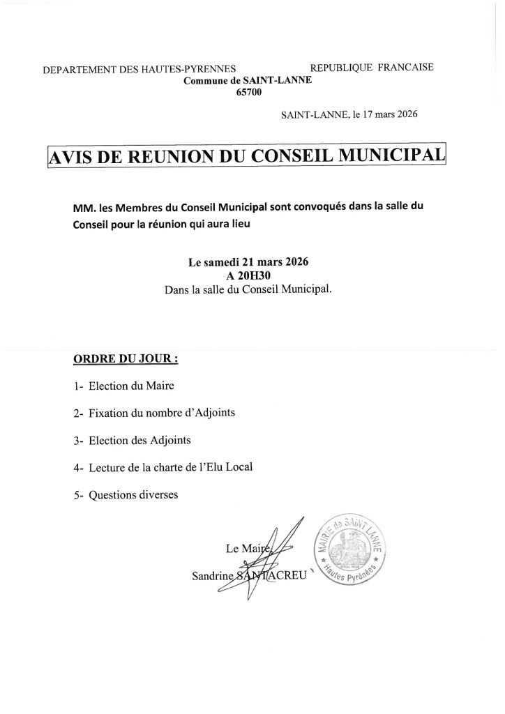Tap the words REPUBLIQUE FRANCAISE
pyautogui.click(x=371, y=68)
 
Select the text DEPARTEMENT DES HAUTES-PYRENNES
pyautogui.click(x=140, y=70)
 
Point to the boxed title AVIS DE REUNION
pyautogui.click(x=246, y=156)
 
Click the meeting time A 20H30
pyautogui.click(x=248, y=276)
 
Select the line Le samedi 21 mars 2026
pyautogui.click(x=248, y=263)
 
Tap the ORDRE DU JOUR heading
pyautogui.click(x=126, y=360)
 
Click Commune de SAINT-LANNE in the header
pyautogui.click(x=248, y=80)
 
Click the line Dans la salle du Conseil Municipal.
pyautogui.click(x=248, y=289)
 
